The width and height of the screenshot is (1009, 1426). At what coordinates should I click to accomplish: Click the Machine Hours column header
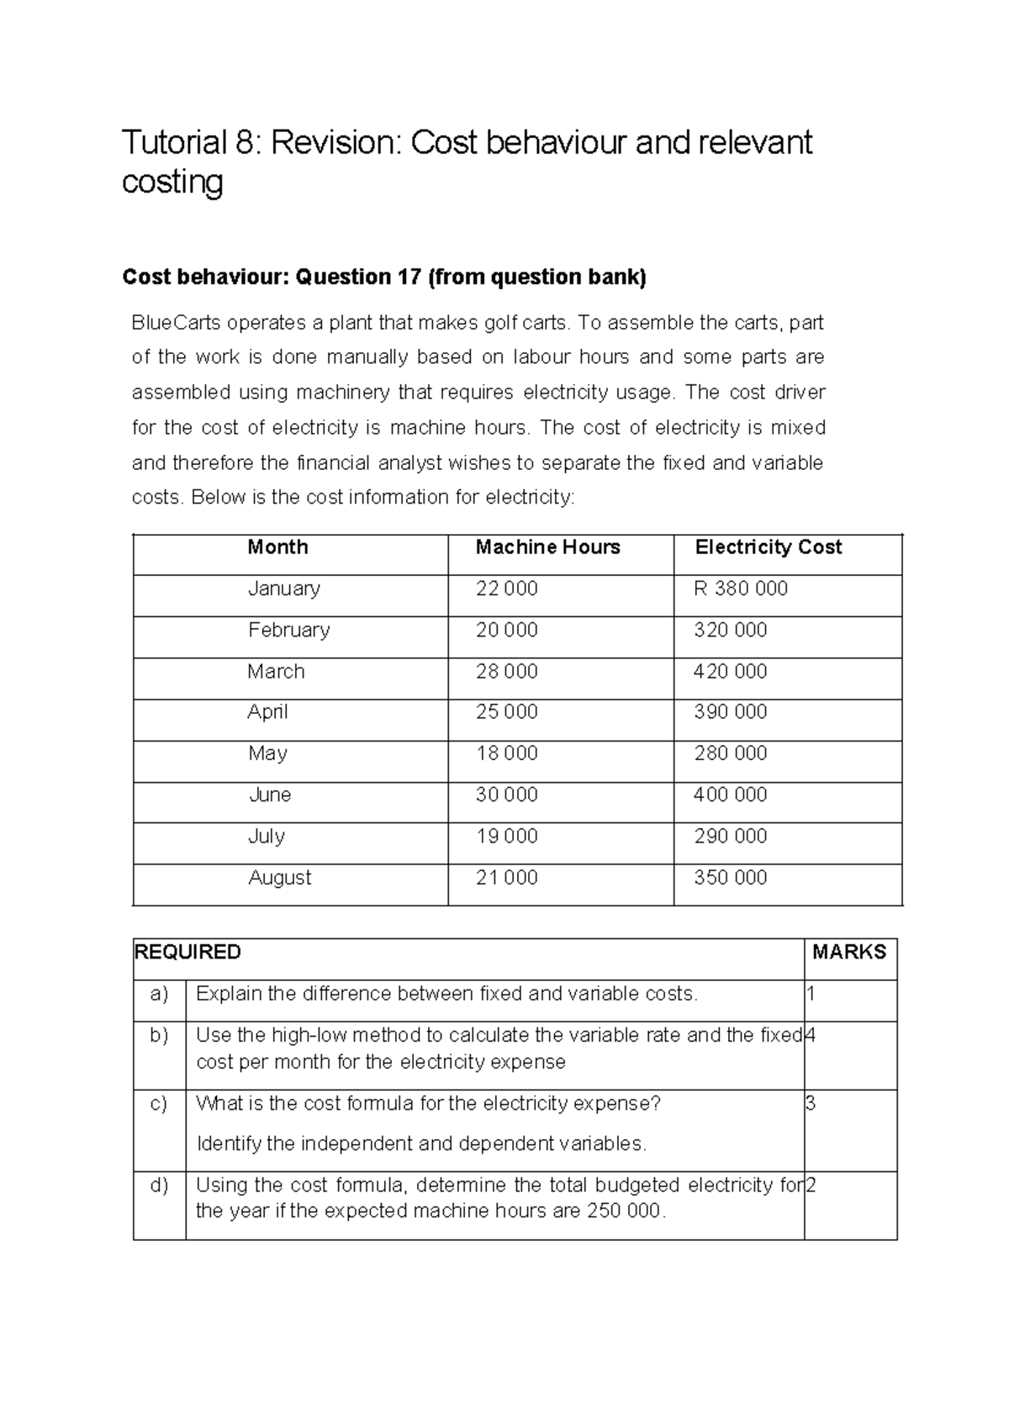(x=547, y=547)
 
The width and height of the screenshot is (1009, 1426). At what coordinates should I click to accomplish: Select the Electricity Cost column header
(x=768, y=547)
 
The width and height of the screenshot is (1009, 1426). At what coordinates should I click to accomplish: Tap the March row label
(x=276, y=671)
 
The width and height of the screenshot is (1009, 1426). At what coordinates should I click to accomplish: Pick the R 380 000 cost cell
(x=740, y=589)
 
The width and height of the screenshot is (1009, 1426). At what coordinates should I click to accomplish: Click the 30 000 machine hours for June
(x=506, y=795)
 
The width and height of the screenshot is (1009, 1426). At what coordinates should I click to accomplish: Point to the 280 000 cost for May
(x=730, y=753)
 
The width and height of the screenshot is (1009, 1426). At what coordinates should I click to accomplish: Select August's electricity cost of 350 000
(x=730, y=878)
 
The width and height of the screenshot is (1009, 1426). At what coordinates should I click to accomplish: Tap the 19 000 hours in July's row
(x=506, y=836)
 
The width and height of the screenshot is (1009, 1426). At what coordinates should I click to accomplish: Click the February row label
(x=288, y=630)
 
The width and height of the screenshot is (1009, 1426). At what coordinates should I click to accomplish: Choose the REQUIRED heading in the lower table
(x=188, y=952)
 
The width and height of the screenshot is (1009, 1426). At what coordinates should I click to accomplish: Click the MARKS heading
(x=849, y=952)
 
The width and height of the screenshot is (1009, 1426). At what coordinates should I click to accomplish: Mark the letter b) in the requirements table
(x=159, y=1035)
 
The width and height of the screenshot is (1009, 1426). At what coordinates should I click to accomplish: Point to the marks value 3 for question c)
(x=811, y=1103)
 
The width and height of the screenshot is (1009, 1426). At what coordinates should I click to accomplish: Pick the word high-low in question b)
(x=310, y=1035)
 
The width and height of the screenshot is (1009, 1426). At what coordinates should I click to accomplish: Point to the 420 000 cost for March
(x=730, y=671)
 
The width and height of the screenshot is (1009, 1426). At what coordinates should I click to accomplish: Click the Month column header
(x=277, y=547)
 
